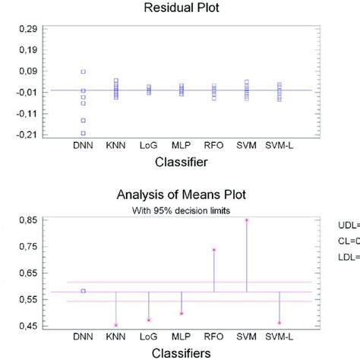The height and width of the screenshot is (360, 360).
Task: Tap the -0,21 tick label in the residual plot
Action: point(24,134)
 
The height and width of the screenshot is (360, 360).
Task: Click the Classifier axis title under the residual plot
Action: point(181,162)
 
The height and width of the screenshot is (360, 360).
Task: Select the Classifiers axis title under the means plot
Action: point(181,352)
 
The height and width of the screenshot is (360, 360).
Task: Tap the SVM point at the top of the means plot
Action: point(247,220)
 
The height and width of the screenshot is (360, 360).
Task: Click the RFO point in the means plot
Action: point(214,249)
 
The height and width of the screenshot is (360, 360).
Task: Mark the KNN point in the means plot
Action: point(116,325)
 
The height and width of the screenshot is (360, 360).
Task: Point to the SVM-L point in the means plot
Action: point(279,323)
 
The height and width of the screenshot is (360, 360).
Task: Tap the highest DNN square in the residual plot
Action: point(84,71)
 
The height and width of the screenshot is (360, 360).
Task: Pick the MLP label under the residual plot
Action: point(181,144)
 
